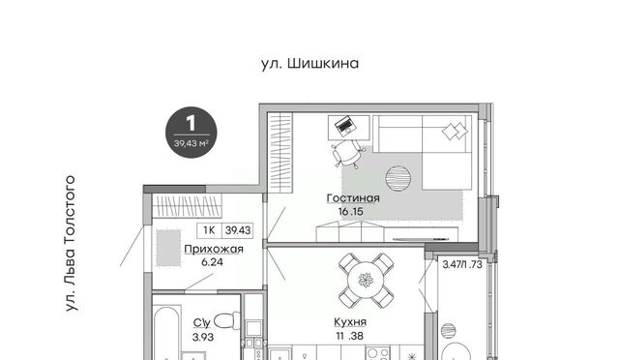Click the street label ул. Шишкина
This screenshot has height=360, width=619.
pyautogui.click(x=309, y=64)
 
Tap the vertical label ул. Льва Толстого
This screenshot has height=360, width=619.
pyautogui.click(x=71, y=244)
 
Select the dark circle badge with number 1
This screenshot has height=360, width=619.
pyautogui.click(x=192, y=133)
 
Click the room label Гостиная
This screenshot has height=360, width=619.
pyautogui.click(x=353, y=198)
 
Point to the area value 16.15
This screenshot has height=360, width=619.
pyautogui.click(x=350, y=212)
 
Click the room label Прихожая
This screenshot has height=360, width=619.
pyautogui.click(x=214, y=250)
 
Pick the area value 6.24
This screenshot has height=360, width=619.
pyautogui.click(x=212, y=262)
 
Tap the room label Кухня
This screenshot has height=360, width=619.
pyautogui.click(x=350, y=322)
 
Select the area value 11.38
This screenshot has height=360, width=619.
pyautogui.click(x=349, y=336)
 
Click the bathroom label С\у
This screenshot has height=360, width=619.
pyautogui.click(x=202, y=323)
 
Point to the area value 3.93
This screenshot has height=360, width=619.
pyautogui.click(x=203, y=337)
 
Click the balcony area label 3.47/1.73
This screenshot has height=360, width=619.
pyautogui.click(x=462, y=264)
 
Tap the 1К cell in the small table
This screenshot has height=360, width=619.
pyautogui.click(x=209, y=230)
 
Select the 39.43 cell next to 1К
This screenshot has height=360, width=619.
pyautogui.click(x=238, y=230)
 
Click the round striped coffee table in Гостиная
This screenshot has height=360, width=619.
pyautogui.click(x=398, y=178)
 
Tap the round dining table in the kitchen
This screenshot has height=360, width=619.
pyautogui.click(x=366, y=281)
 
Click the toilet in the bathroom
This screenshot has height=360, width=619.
pyautogui.click(x=228, y=320)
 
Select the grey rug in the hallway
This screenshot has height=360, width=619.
pyautogui.click(x=168, y=248)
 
